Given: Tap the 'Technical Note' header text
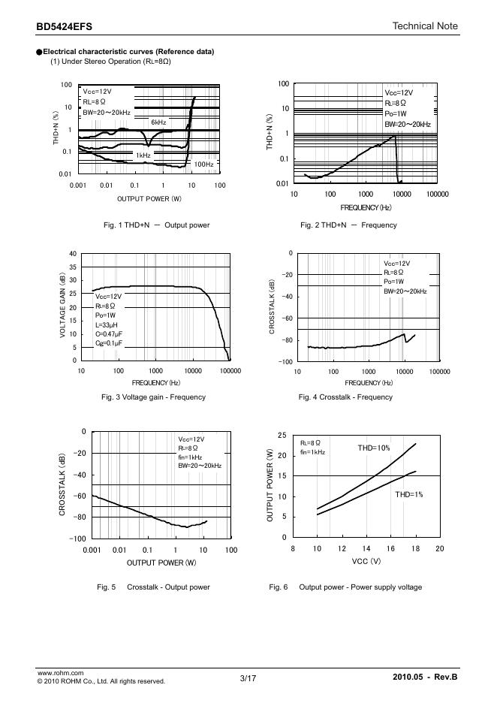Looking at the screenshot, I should point(425,26).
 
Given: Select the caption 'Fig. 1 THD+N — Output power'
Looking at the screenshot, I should point(157,225).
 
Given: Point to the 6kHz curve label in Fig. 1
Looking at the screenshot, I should point(158,122).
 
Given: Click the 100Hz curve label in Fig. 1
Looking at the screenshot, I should point(203,163).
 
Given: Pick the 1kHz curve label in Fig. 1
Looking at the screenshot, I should point(143,155).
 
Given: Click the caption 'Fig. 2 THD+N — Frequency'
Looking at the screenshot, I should point(349,225).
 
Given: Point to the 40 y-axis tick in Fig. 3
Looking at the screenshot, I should point(72,253).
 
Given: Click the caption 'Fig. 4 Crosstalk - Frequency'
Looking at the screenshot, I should point(345,397).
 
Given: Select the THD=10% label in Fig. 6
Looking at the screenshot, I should point(373,448).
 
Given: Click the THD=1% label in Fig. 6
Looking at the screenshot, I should point(409,495).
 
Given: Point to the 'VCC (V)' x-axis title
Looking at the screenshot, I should point(366,560).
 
